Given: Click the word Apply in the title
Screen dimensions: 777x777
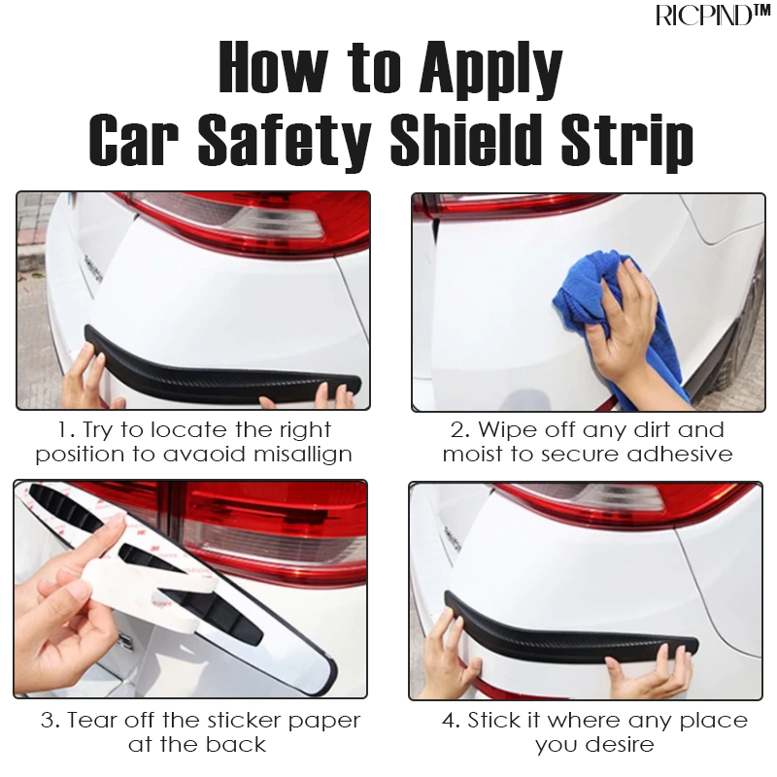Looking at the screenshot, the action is click(x=490, y=69).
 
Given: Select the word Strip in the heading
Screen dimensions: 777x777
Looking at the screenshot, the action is click(x=625, y=142).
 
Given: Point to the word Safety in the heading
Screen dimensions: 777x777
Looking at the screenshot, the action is click(x=285, y=142).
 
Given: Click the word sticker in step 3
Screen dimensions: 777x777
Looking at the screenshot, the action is click(x=245, y=720).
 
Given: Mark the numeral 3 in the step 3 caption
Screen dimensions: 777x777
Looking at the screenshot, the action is click(x=48, y=721).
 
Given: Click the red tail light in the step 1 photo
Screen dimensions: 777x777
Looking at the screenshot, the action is click(x=248, y=223).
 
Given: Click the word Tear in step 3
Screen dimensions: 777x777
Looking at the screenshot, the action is click(x=92, y=721).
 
